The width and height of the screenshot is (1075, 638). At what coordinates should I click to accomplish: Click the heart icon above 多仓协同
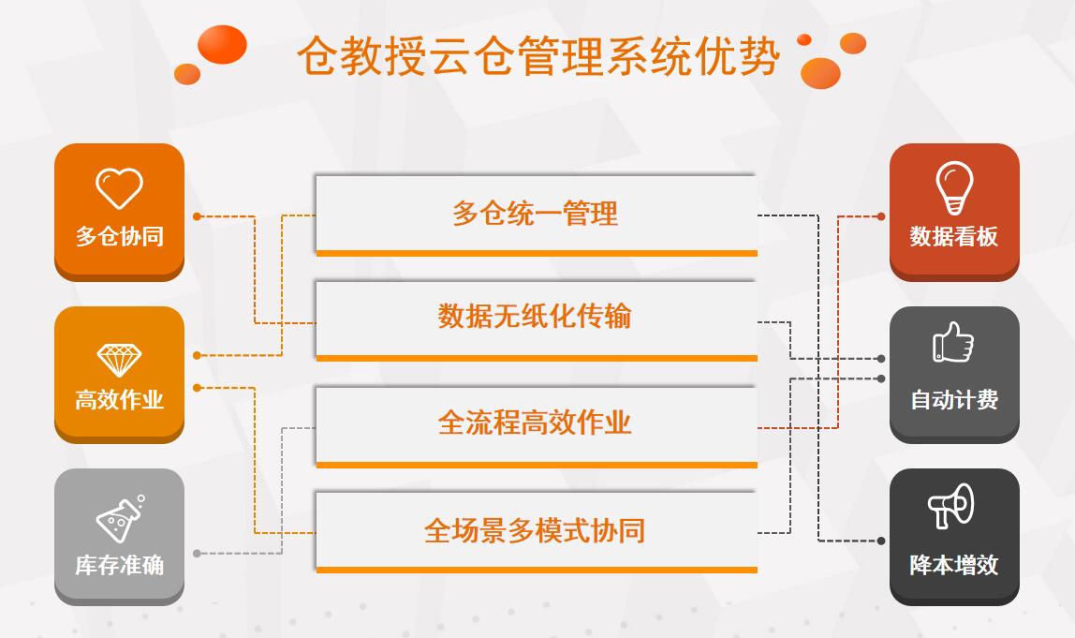coord(119,188)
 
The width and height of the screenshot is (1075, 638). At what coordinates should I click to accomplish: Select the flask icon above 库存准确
coord(120,519)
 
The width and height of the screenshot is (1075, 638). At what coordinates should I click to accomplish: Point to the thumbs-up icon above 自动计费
coord(953,342)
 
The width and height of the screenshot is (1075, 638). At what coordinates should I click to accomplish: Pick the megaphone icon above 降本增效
coord(950,506)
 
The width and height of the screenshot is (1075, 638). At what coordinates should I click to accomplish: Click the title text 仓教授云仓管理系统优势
coord(538,56)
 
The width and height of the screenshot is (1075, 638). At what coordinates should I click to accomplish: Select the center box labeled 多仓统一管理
coord(537,215)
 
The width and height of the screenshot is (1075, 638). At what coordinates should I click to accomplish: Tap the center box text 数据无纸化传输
coord(535,317)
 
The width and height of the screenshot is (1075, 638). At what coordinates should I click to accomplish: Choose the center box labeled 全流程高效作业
coord(537,426)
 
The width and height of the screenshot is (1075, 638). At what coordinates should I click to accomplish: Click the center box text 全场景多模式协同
coord(535,530)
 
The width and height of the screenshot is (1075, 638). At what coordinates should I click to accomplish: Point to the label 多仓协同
coord(119,237)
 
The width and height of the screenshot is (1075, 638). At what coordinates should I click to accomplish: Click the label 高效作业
coord(119,399)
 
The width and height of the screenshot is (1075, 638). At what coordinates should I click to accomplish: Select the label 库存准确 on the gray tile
coord(119,565)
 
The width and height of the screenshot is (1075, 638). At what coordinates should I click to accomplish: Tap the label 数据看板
coord(953,237)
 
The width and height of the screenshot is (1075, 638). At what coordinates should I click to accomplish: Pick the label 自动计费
coord(953,399)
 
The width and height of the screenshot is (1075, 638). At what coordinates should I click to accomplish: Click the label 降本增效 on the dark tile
coord(953,565)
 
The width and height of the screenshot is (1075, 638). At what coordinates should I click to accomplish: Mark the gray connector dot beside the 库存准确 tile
coord(197,554)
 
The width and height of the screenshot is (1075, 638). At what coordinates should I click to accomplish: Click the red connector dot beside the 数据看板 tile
coord(881,216)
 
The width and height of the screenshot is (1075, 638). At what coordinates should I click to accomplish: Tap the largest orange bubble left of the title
coord(222,45)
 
